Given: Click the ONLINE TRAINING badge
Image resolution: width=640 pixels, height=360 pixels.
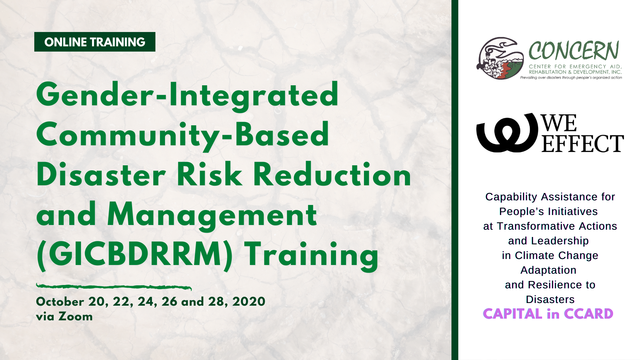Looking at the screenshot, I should (95, 42).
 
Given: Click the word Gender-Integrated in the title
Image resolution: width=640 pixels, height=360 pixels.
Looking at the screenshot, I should (187, 95).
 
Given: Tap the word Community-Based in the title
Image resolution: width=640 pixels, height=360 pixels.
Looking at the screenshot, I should (183, 135).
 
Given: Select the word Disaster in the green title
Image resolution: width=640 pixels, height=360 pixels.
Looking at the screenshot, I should (101, 175).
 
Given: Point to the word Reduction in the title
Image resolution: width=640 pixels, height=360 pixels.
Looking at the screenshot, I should (332, 175).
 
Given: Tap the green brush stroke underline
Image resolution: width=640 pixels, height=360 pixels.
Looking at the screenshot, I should (113, 287).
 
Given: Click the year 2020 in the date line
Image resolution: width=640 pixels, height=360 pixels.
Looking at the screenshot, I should (249, 302).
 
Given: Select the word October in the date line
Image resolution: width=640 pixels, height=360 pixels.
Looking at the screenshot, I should (60, 302).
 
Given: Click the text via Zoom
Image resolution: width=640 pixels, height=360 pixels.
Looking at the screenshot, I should (64, 316).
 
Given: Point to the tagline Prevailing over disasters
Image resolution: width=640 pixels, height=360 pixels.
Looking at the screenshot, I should (571, 78).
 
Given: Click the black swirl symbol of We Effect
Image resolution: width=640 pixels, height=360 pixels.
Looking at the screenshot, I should (507, 133).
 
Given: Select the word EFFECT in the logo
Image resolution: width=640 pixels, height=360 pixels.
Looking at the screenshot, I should (582, 144).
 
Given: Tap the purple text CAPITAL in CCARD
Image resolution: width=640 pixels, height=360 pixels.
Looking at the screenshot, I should (548, 314).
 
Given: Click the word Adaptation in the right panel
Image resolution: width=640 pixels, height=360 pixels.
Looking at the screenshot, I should (548, 270).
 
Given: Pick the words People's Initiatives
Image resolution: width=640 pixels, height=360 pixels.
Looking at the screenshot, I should (548, 211).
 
